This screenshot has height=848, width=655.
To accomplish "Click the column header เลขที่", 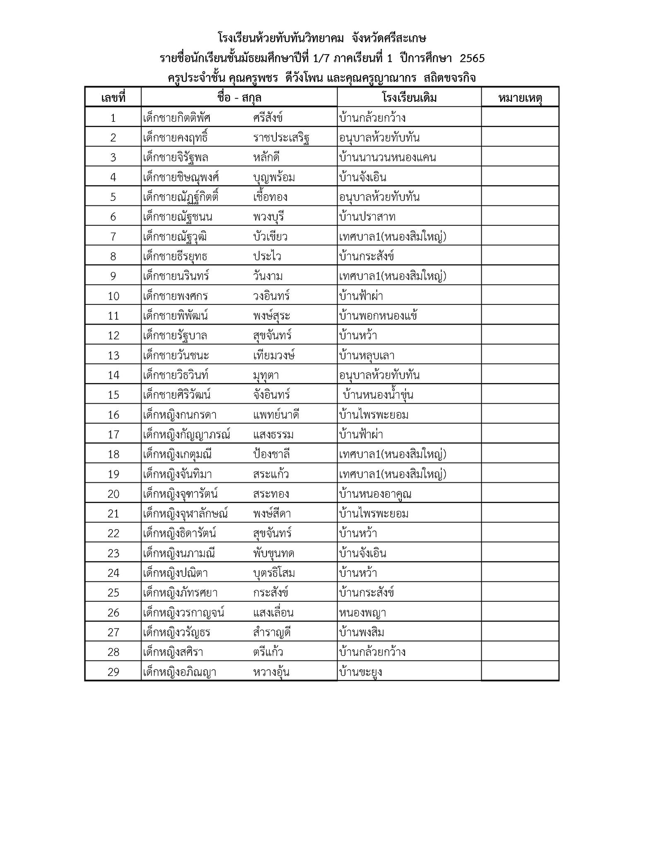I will pos(113,98).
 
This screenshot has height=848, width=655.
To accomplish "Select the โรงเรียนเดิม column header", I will pos(409,98).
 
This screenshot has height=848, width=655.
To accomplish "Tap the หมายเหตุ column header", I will pos(520,98).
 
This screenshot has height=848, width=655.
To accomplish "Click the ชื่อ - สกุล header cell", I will pos(239,98).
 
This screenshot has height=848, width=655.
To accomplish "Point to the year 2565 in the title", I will pos(472,58).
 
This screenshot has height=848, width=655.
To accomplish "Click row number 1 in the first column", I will pos(113,118).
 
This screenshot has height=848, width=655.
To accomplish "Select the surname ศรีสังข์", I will pos(268,118).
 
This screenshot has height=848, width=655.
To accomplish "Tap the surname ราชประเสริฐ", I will pos(281,137).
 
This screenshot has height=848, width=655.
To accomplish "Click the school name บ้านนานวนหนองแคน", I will pos(387,157).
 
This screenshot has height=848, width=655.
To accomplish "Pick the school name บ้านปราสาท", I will pos(367,217).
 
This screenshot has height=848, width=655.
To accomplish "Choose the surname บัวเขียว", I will pos(270,236).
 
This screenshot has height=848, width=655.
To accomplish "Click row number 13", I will pos(113,355).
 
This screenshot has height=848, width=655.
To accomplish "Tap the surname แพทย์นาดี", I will pos(276,414).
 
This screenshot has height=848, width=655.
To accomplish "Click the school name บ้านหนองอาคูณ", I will pos(375,494).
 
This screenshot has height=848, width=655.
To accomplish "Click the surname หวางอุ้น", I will pos(271,672).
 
